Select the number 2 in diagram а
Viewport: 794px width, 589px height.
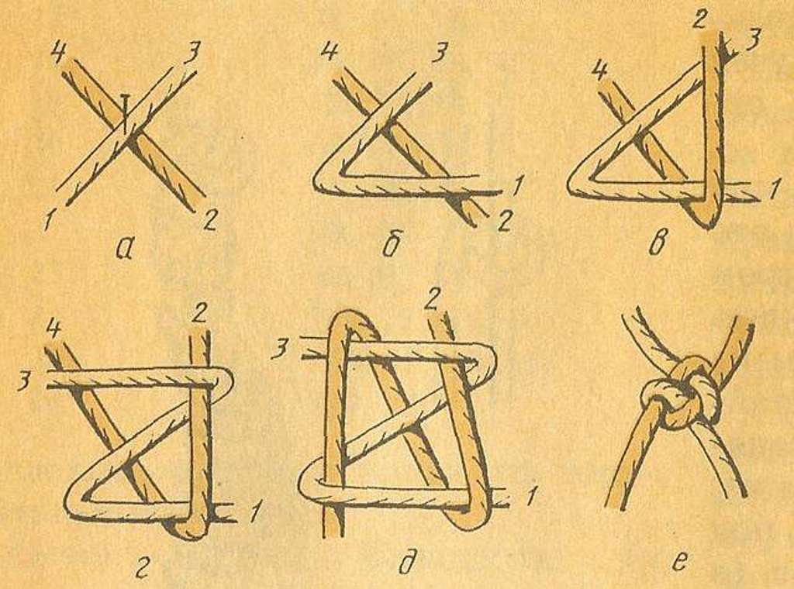pyautogui.click(x=211, y=220)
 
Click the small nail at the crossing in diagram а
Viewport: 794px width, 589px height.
pyautogui.click(x=126, y=108)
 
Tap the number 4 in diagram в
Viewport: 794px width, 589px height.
pyautogui.click(x=600, y=69)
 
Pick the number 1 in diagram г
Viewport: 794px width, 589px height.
pyautogui.click(x=254, y=515)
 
